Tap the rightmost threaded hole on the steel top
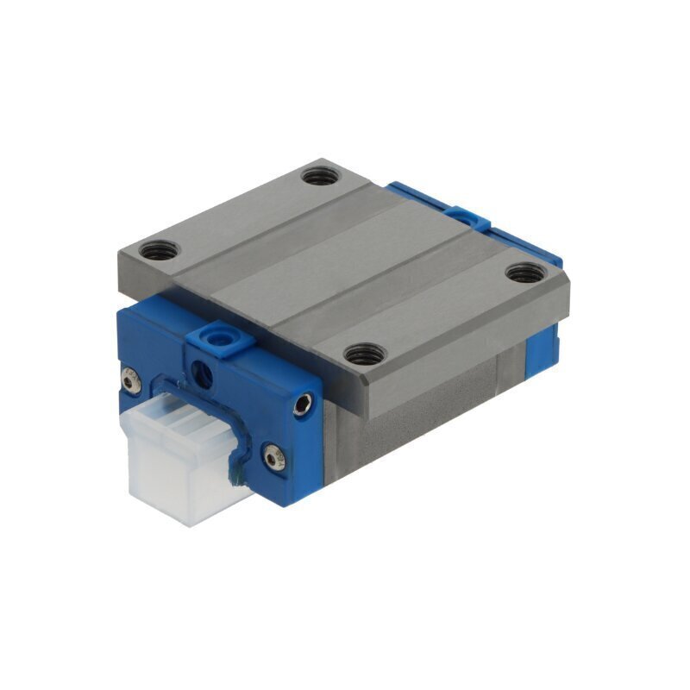pos(520,274)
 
